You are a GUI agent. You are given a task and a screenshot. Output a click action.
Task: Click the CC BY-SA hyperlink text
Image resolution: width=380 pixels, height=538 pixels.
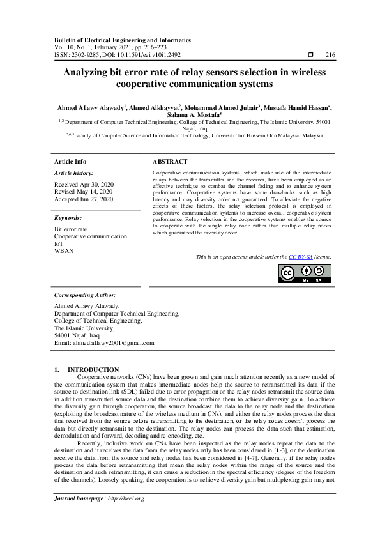[x=300, y=257]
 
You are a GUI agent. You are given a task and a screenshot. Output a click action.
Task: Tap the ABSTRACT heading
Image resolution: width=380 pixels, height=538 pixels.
[x=170, y=162]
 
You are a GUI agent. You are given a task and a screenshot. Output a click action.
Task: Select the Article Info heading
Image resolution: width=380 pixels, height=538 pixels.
[x=70, y=162]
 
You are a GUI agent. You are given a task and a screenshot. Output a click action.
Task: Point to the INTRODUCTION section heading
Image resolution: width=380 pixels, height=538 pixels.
[x=93, y=369]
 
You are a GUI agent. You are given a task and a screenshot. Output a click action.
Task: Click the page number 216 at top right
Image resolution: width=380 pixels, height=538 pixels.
[x=330, y=55]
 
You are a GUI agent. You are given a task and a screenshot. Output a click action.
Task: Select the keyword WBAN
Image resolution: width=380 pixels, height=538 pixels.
[x=64, y=251]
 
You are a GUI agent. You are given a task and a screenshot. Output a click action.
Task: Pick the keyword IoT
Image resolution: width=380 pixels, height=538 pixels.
[x=59, y=243]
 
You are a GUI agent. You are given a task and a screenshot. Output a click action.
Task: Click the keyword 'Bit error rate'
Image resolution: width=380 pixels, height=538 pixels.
[x=71, y=229]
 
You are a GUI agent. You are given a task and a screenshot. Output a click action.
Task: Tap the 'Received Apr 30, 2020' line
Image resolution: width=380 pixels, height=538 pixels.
[x=84, y=184]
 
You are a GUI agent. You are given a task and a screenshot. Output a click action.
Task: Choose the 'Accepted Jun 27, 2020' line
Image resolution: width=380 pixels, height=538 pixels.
[x=84, y=199]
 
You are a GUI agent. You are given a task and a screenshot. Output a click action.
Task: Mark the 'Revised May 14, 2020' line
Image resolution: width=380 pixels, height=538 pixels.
[x=83, y=192]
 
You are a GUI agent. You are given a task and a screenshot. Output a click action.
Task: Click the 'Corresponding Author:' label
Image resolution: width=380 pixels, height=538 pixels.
[x=85, y=296]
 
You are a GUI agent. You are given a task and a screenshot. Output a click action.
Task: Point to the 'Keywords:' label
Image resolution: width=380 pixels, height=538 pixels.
[x=69, y=217]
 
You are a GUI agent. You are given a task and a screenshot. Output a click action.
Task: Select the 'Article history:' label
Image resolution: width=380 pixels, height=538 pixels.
[x=74, y=173]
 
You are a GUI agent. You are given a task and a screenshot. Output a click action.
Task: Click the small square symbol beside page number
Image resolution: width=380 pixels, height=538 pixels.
[x=310, y=55]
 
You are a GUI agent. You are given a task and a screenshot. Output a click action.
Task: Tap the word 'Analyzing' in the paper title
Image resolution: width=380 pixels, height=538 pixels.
[x=87, y=73]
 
